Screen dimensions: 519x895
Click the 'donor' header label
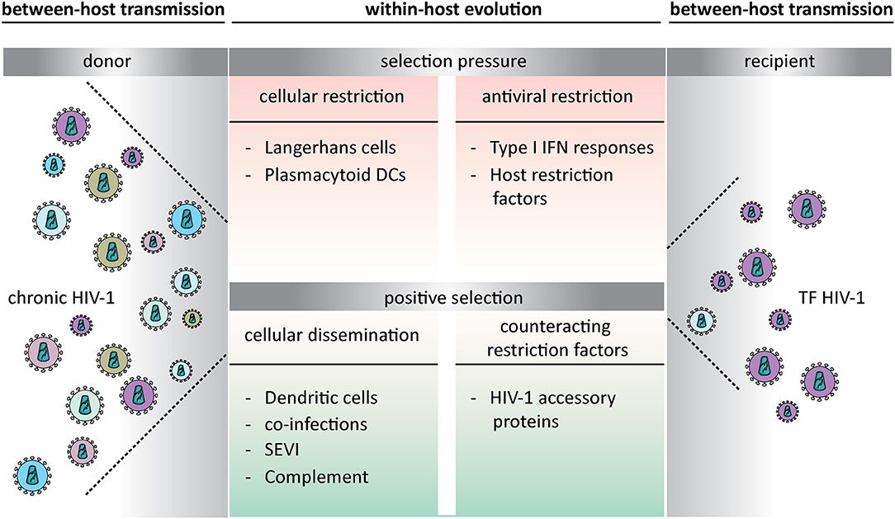click(112, 61)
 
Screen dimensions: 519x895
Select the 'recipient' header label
click(780, 61)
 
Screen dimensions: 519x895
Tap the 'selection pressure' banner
click(447, 61)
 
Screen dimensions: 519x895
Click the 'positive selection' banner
click(447, 295)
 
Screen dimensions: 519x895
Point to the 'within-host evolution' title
click(447, 11)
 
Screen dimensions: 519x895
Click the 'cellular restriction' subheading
click(332, 97)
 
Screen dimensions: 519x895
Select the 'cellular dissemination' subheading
click(332, 335)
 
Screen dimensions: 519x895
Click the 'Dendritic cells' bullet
click(321, 398)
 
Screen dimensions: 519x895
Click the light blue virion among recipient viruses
click(702, 318)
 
